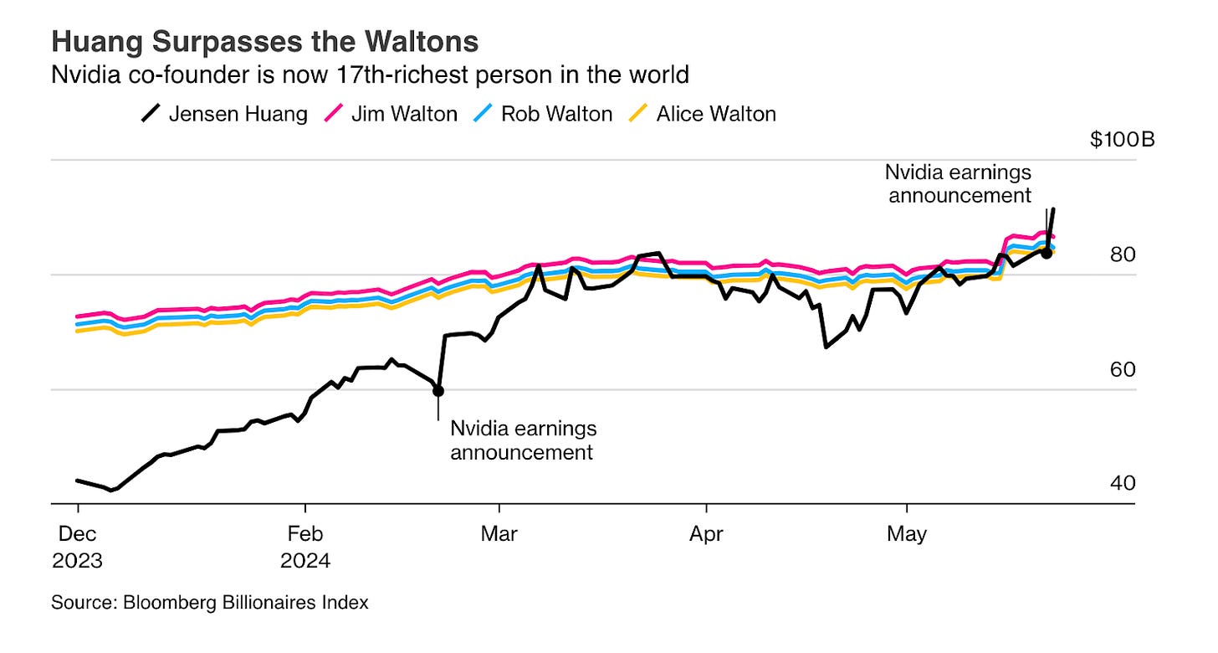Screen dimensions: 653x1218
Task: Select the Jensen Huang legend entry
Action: [223, 113]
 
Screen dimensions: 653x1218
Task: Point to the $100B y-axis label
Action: [1122, 139]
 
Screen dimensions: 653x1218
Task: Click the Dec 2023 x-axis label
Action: [77, 546]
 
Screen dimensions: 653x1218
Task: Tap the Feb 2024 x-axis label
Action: [305, 546]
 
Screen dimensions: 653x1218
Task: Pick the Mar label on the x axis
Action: [499, 533]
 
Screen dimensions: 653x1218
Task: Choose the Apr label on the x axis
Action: [707, 533]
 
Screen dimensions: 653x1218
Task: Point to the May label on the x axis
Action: [907, 533]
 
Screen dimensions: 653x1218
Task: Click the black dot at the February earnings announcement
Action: [438, 391]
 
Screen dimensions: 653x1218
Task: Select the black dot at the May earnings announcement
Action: [1046, 253]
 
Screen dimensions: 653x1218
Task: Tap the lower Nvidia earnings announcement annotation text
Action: [523, 440]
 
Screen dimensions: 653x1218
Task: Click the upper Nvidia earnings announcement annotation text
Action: [958, 184]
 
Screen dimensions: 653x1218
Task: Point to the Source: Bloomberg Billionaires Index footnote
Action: [210, 602]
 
